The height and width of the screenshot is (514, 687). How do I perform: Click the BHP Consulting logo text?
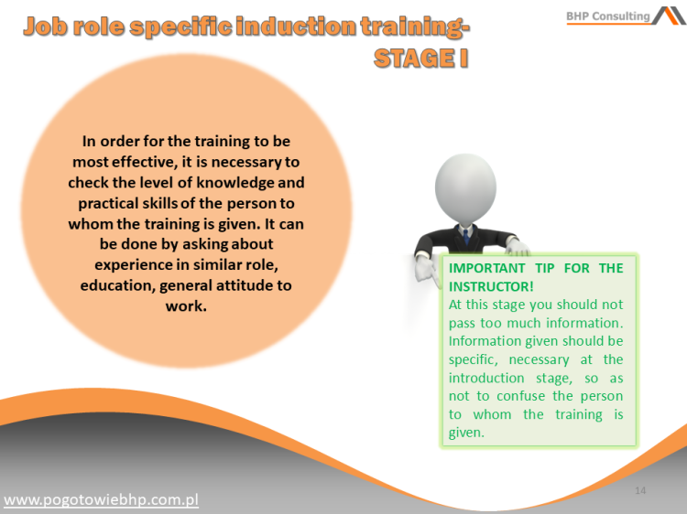pos(607,16)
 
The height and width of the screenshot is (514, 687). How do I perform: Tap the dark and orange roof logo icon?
pos(669,16)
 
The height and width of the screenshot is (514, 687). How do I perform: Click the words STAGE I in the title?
pos(415,59)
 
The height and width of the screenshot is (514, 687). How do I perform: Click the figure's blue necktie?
pos(465,236)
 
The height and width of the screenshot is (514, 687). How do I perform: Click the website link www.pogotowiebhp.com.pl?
pos(102,499)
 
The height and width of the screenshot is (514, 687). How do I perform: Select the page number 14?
pos(640,491)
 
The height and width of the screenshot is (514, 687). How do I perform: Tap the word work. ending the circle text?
pos(186,305)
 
